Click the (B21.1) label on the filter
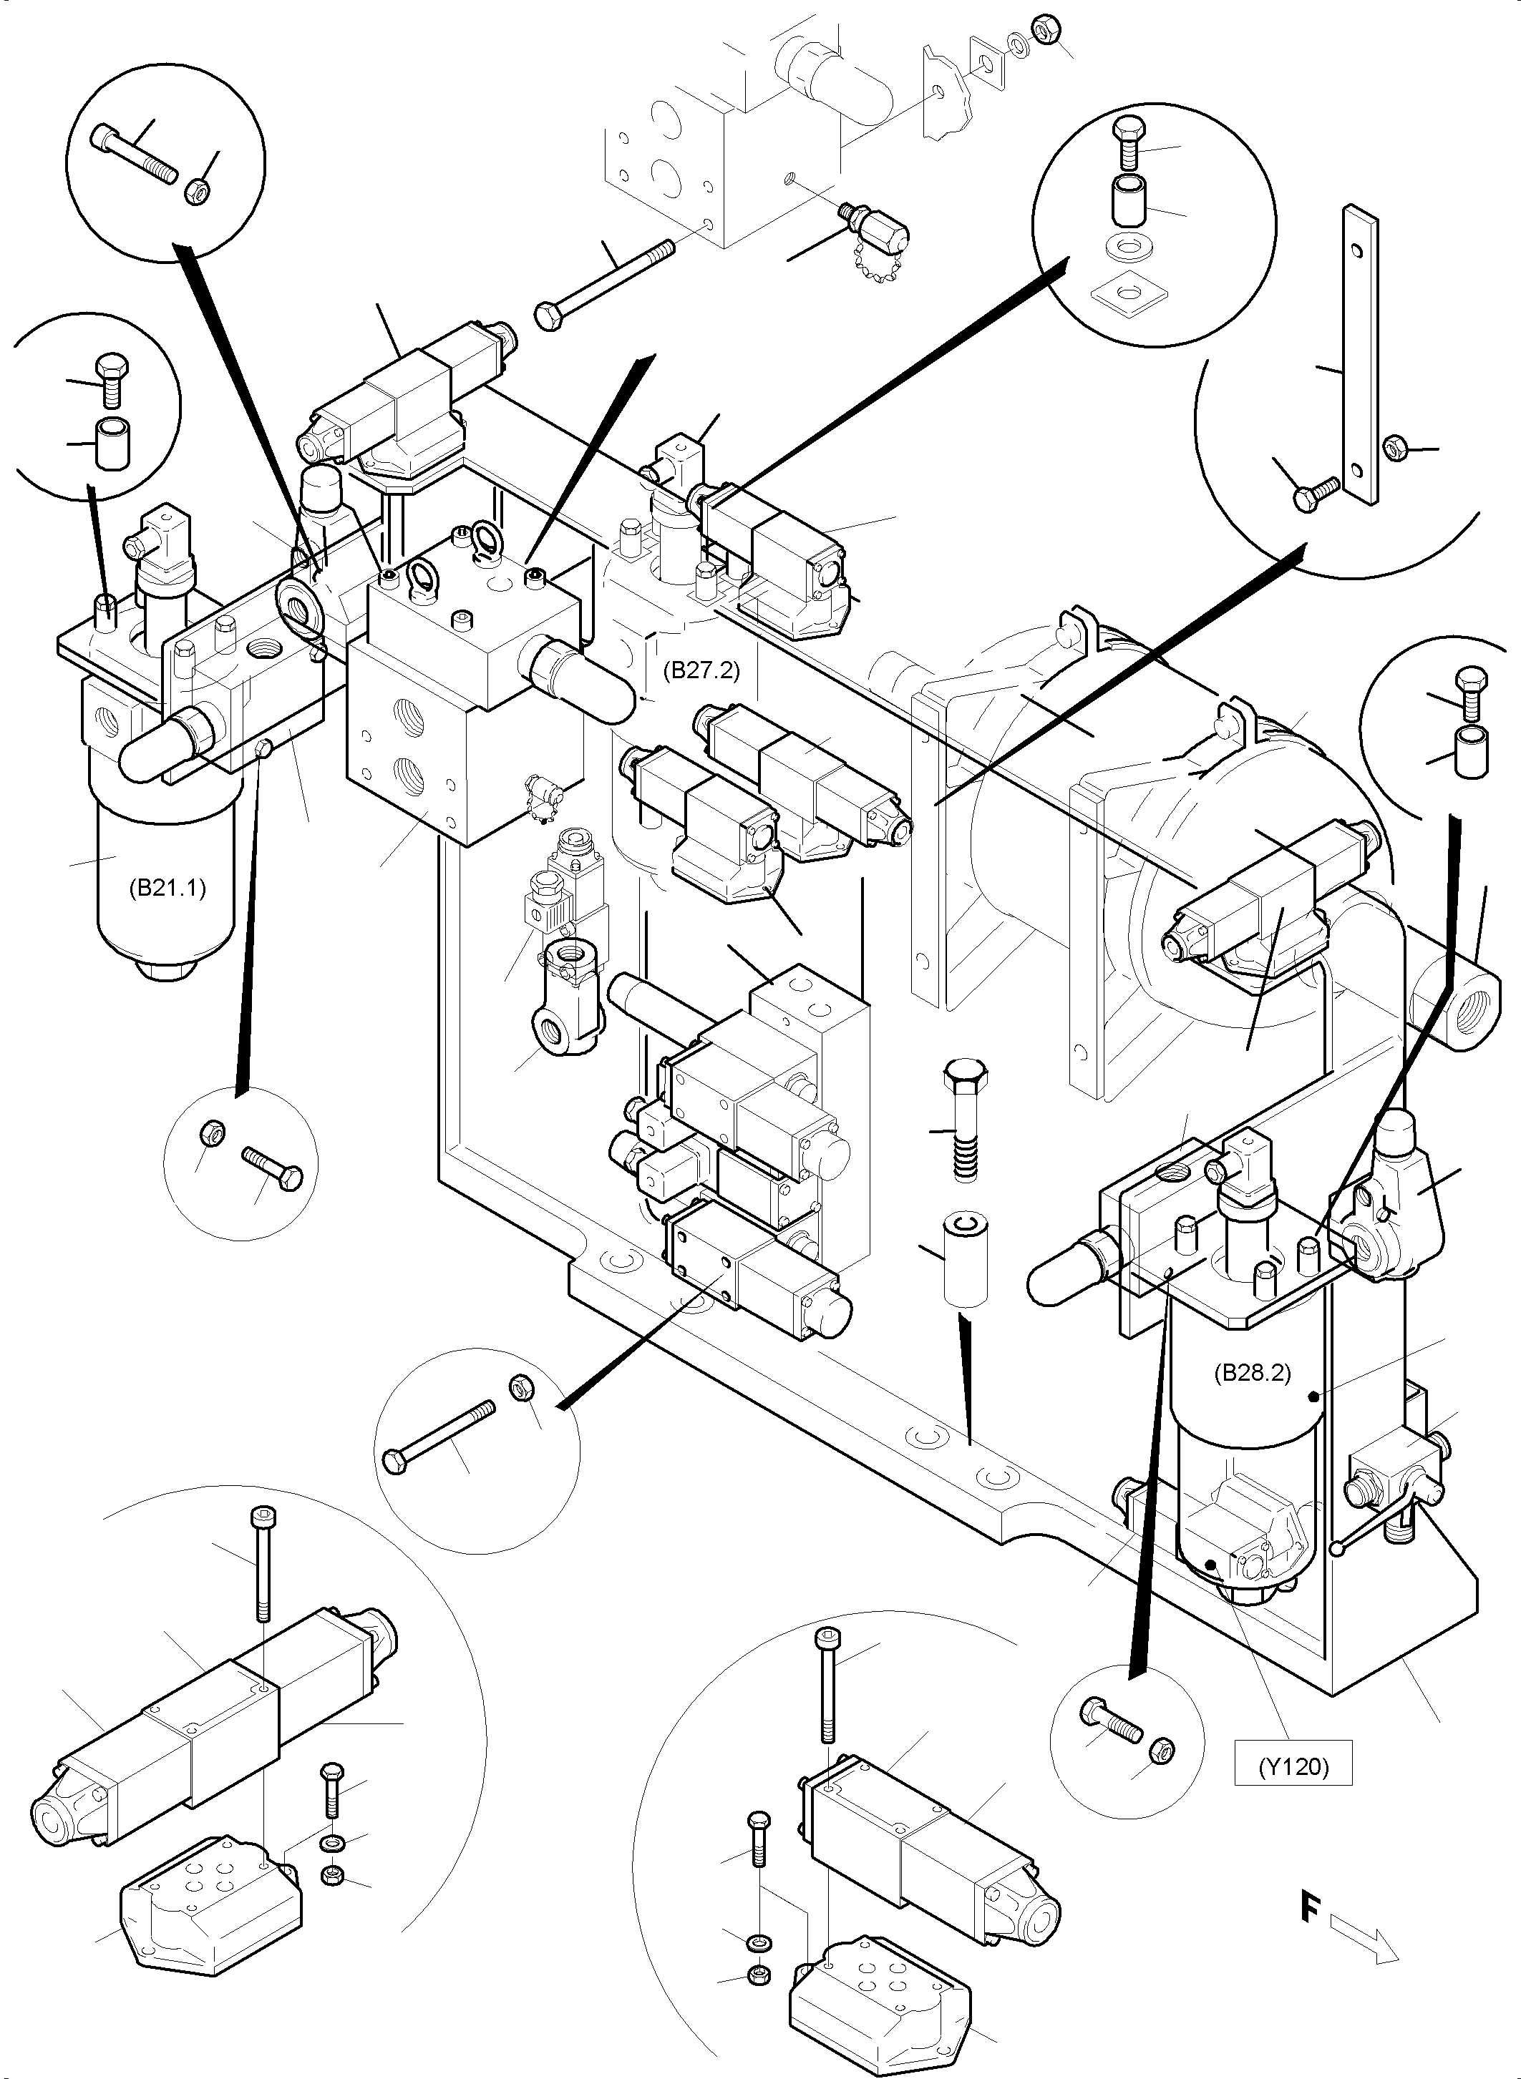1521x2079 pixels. click(x=167, y=888)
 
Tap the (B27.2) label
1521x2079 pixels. click(x=701, y=670)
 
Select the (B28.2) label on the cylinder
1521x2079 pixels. click(x=1252, y=1399)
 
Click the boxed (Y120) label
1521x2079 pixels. click(x=1293, y=1766)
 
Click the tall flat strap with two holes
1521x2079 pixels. click(x=1360, y=354)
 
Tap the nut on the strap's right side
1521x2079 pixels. click(x=1395, y=448)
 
